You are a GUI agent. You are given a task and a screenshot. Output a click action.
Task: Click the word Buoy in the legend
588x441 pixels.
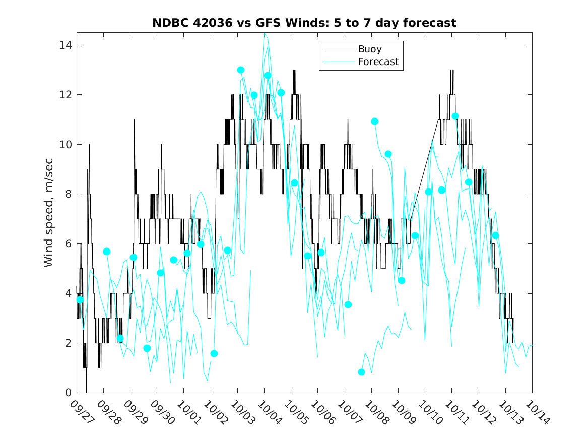point(369,49)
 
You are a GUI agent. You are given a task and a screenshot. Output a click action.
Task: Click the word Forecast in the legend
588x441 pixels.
point(378,62)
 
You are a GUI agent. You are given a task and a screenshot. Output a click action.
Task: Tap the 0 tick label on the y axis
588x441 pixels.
point(69,393)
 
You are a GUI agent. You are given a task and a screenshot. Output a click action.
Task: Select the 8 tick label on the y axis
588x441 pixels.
point(69,194)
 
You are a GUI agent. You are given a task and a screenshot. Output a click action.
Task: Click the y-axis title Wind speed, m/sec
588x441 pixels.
point(48,218)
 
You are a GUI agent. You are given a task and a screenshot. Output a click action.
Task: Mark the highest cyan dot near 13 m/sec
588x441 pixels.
point(241,70)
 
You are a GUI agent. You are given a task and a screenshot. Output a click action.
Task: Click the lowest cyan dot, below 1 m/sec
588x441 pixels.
point(361,372)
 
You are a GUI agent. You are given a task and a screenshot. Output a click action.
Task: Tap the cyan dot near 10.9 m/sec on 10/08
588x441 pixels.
point(374,121)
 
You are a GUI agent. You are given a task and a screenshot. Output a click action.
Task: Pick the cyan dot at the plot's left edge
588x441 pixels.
point(80,300)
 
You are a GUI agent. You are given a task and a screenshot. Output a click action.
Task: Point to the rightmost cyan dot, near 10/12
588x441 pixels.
point(495,235)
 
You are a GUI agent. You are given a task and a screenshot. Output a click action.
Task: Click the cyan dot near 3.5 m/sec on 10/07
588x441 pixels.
point(348,304)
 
